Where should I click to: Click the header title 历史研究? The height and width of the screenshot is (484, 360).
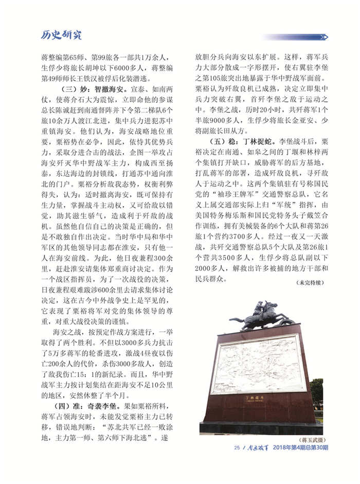[x=61, y=35]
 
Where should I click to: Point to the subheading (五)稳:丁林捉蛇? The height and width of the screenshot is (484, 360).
[x=241, y=140]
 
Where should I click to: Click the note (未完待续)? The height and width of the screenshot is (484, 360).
[x=310, y=282]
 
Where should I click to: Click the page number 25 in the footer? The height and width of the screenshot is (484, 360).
[x=237, y=448]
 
